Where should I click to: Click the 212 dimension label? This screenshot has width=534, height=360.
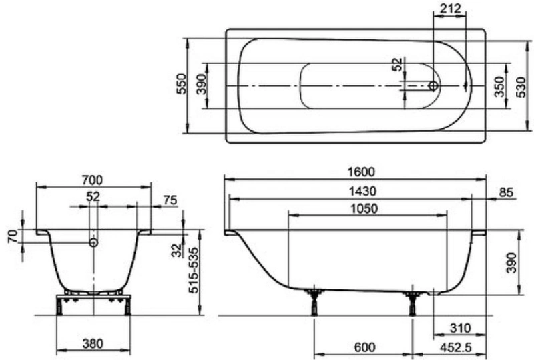(450, 8)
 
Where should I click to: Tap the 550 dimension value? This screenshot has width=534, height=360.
(182, 84)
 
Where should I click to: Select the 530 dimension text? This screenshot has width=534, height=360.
(523, 87)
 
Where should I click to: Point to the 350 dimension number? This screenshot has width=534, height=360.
(499, 87)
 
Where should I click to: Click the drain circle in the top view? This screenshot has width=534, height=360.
(433, 86)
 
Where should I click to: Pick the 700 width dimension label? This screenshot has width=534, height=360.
(92, 180)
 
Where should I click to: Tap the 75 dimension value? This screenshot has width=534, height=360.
(170, 200)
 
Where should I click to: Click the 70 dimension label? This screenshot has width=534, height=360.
(13, 236)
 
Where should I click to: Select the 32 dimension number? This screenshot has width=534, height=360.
(177, 250)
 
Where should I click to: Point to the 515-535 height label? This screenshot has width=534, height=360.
(193, 271)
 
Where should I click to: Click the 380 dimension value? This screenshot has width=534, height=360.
(93, 343)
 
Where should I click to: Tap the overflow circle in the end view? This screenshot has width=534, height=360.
(93, 242)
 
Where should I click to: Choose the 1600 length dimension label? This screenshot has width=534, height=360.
(361, 172)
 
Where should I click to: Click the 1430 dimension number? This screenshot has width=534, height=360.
(362, 191)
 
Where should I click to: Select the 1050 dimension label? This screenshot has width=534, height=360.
(364, 208)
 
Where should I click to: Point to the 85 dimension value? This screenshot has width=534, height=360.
(506, 192)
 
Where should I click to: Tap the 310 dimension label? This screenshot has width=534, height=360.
(460, 328)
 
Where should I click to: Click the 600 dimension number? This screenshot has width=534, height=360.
(364, 347)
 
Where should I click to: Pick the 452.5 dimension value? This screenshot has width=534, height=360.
(456, 347)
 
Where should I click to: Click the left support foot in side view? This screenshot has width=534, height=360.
(314, 302)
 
